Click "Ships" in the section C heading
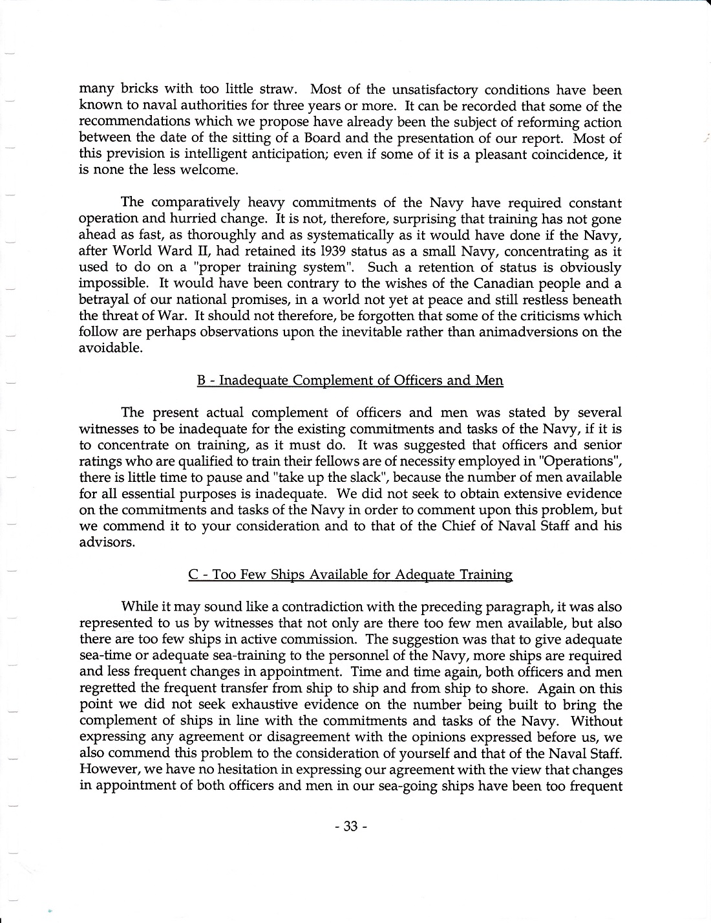[279, 574]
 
